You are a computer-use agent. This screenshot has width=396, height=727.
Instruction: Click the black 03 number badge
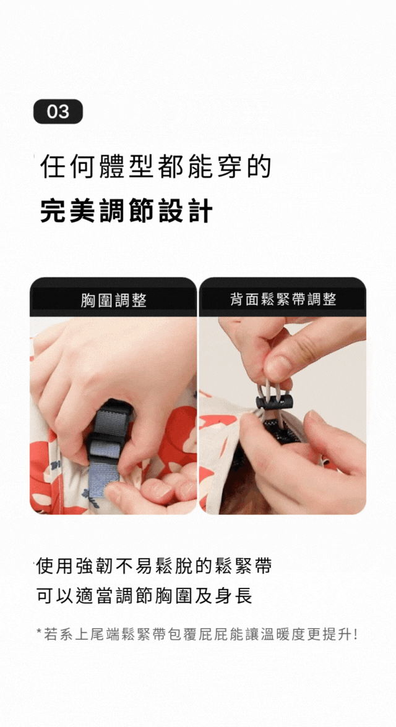click(x=58, y=111)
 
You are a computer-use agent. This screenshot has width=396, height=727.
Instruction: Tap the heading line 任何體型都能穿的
click(x=155, y=167)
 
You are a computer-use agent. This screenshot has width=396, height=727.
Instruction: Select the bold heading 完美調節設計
click(x=126, y=211)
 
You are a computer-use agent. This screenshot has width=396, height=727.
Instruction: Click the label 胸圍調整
click(x=113, y=300)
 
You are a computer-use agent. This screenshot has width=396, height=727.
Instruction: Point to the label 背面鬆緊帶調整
click(x=283, y=299)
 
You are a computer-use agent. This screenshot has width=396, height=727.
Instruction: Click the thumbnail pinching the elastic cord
click(x=279, y=368)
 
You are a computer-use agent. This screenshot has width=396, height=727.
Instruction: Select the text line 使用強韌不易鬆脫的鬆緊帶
click(x=153, y=566)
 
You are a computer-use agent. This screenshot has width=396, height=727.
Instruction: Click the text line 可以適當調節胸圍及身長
click(x=144, y=596)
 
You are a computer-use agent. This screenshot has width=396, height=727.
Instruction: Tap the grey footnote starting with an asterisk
click(x=197, y=634)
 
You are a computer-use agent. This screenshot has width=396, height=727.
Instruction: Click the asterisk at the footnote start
click(x=39, y=632)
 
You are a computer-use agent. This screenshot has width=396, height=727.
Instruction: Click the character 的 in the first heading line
click(x=259, y=167)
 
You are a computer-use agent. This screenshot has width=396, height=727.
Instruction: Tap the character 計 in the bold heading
click(x=201, y=211)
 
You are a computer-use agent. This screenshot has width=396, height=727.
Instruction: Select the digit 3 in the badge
click(x=64, y=112)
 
